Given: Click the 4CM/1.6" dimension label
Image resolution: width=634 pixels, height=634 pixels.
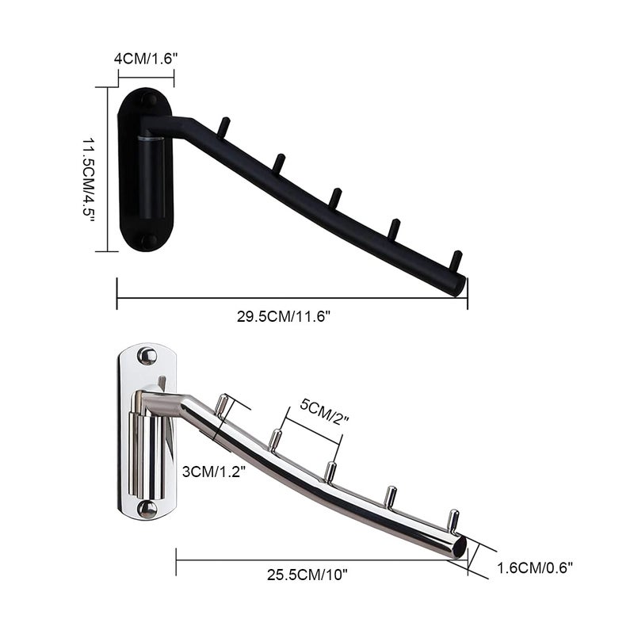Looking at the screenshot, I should coord(146,59).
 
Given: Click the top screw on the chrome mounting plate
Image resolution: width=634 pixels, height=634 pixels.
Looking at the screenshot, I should coord(147,356).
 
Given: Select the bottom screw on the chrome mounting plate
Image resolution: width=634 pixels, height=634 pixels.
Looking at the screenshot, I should coord(147,507).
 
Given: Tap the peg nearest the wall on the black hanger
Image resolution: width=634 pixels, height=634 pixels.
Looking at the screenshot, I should coord(224,126).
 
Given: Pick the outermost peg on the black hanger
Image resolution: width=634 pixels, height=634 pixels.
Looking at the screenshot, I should coord(455,260).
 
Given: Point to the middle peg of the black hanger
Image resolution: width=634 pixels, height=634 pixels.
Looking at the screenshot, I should coord(335,197).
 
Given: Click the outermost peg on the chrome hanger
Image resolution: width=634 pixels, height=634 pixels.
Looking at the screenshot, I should coord(452,520).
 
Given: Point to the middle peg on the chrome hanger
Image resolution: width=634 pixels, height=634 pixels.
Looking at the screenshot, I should coord(330,472).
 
